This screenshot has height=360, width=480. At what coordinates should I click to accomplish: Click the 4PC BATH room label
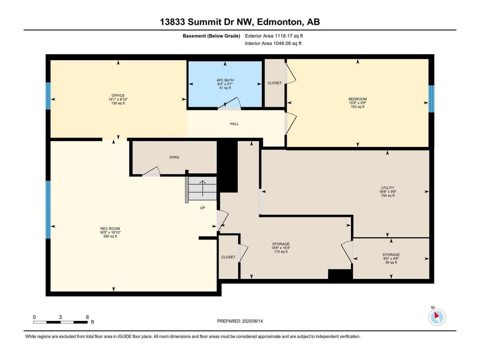click(225, 80)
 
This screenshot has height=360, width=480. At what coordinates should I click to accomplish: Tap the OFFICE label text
click(118, 96)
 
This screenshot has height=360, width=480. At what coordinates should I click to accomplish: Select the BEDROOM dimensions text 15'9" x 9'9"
click(357, 103)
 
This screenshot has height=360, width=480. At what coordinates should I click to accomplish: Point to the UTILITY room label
click(388, 188)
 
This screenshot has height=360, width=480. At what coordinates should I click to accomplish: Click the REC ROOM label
click(110, 229)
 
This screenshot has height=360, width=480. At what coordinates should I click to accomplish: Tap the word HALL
click(234, 124)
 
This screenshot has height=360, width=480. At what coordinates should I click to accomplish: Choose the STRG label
click(174, 157)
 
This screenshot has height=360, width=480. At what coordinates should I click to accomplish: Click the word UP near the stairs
click(202, 208)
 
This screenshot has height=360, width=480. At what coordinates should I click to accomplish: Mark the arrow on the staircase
click(202, 188)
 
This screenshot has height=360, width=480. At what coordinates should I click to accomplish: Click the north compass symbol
click(437, 317)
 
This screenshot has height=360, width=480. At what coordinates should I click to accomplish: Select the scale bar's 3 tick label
click(60, 317)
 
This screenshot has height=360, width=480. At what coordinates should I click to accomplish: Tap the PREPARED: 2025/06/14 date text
click(240, 321)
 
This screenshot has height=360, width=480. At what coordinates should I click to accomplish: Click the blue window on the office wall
click(48, 96)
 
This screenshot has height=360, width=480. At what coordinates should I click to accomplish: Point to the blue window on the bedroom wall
click(431, 99)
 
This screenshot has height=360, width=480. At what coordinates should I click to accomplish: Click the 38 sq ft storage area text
click(391, 262)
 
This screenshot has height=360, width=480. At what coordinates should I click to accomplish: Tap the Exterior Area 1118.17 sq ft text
click(274, 36)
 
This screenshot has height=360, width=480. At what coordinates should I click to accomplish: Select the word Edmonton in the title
click(280, 22)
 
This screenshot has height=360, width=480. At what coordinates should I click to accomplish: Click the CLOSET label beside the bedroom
click(274, 83)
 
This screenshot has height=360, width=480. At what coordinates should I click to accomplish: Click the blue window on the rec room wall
click(48, 210)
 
